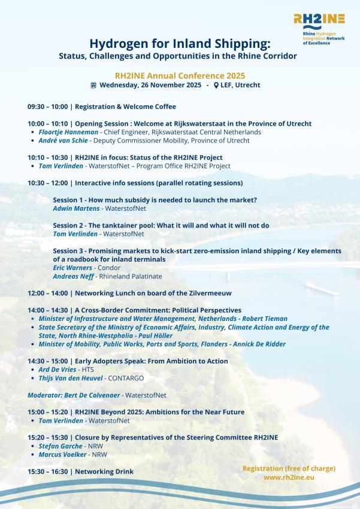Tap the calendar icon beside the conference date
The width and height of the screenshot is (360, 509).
93,85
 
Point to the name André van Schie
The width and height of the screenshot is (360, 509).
63,140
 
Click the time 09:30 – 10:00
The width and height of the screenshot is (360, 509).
47,107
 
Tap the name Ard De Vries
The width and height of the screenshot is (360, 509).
60,369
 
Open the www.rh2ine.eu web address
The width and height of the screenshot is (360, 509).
289,477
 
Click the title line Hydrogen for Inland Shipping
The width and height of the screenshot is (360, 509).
180,44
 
